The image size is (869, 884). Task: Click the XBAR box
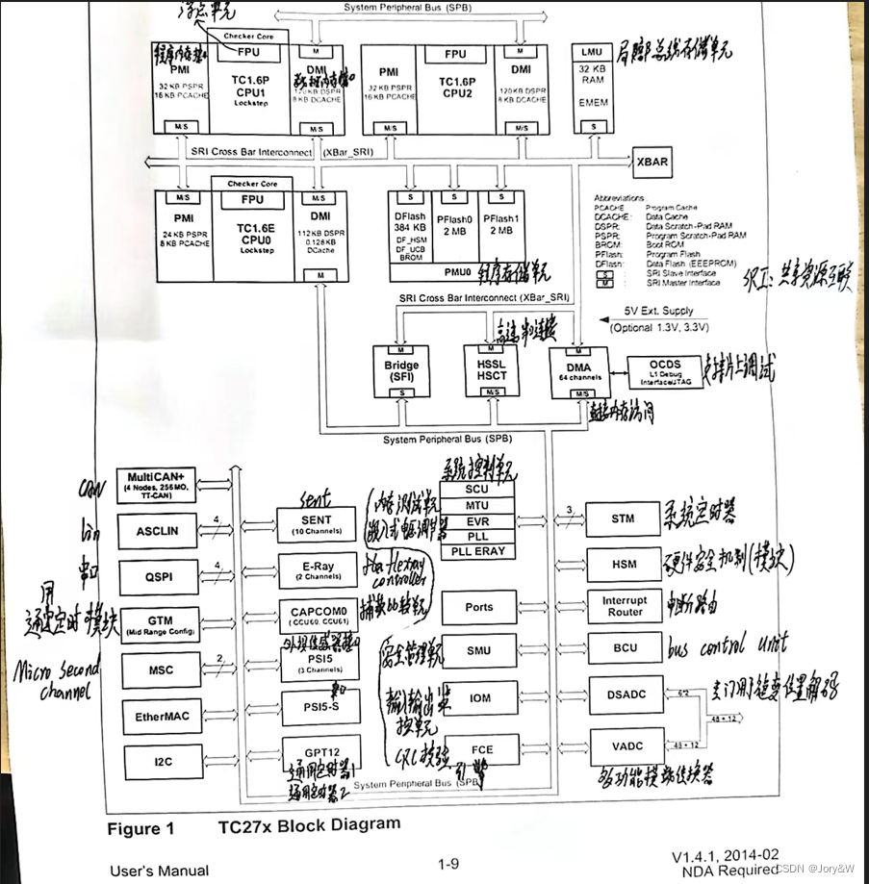(651, 162)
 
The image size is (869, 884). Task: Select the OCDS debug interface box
(672, 371)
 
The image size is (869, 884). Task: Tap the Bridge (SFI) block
(401, 371)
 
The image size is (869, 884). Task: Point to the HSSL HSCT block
(491, 371)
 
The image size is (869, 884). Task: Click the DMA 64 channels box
(578, 371)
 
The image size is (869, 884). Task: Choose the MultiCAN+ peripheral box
(161, 483)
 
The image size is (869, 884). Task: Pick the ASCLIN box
(161, 530)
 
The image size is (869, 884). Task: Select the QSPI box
(161, 577)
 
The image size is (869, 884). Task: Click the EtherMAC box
(161, 716)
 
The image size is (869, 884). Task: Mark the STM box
(623, 519)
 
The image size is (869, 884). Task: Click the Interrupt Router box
(624, 606)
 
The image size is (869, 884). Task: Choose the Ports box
(478, 607)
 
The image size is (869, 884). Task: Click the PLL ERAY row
(478, 552)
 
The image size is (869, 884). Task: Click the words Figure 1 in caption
(146, 828)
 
